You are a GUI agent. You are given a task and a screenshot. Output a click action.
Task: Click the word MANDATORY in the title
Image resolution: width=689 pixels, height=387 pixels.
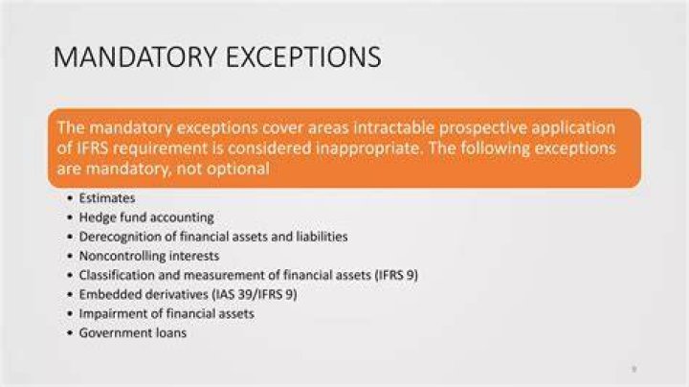(135, 57)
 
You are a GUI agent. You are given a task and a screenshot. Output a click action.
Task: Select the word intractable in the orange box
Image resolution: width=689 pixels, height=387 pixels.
(394, 127)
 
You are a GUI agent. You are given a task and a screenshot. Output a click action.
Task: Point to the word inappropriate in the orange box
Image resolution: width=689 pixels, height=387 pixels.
(367, 148)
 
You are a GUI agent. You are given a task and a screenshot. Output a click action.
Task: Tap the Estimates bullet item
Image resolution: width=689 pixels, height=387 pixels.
(107, 198)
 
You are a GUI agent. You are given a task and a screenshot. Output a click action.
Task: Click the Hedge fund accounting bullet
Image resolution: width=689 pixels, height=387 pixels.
(146, 217)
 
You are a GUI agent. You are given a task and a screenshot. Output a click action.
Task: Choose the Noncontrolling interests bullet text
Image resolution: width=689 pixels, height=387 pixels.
(149, 256)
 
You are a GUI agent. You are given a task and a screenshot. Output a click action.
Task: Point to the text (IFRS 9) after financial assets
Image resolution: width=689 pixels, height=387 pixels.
(396, 275)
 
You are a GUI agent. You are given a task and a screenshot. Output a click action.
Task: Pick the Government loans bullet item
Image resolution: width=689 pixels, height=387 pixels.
(133, 333)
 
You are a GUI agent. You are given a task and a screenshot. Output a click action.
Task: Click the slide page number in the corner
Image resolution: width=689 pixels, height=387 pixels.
(634, 369)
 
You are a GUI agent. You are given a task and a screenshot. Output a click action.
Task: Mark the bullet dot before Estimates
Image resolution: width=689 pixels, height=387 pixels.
(70, 198)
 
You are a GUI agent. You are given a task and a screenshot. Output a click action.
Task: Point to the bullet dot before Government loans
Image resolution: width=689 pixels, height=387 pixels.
(70, 333)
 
